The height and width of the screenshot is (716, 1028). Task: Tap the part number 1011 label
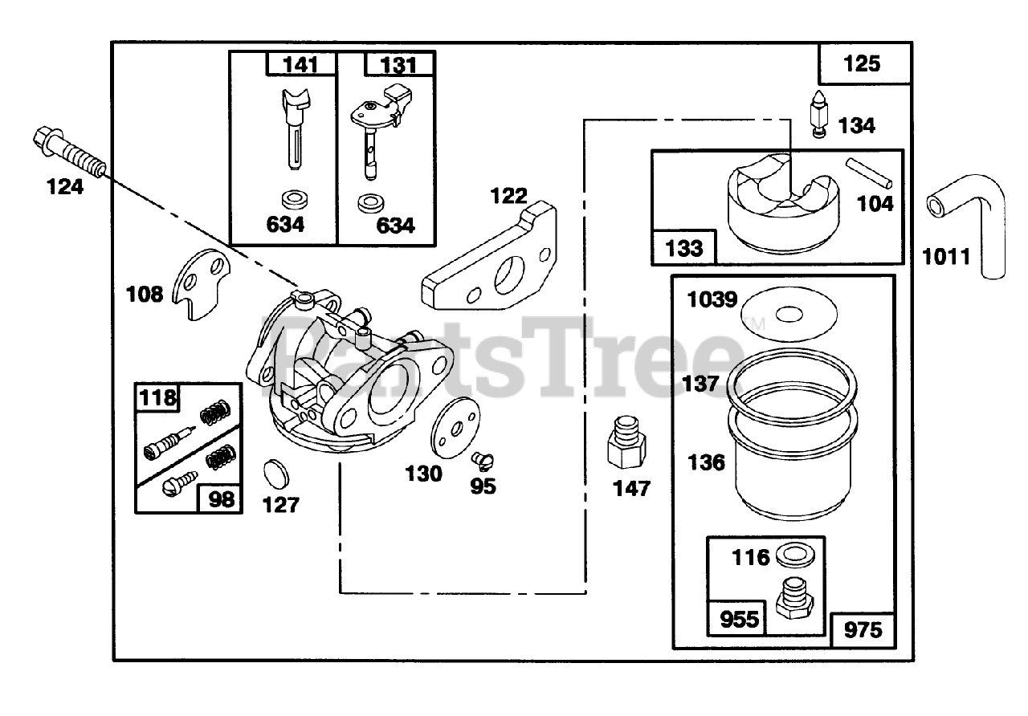946,257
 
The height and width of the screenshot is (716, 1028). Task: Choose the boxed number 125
863,63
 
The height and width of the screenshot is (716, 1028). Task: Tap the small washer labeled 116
795,555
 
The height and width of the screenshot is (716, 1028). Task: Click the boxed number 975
863,630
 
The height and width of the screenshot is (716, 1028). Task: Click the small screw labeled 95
483,460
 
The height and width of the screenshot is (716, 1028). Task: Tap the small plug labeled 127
278,472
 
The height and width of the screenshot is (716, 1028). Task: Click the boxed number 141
300,64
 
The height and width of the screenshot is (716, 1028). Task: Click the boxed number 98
220,498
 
